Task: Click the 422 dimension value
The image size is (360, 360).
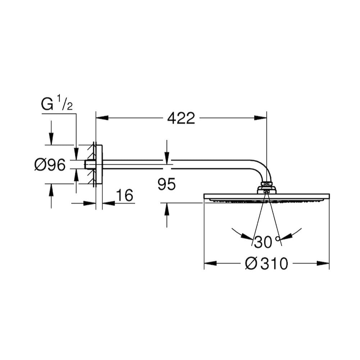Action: (x=181, y=118)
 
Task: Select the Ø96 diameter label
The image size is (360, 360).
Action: (x=50, y=165)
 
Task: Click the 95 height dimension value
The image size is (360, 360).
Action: (x=167, y=184)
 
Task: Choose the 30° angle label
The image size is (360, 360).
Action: (x=267, y=242)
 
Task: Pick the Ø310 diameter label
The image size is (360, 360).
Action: (x=266, y=264)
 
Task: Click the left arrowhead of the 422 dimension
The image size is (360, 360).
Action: (x=102, y=118)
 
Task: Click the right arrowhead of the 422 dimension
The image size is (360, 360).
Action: (x=260, y=118)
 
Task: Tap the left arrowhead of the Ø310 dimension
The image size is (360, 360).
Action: (x=210, y=263)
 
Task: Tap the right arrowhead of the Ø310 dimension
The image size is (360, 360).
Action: (x=323, y=263)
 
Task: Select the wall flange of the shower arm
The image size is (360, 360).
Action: (x=99, y=165)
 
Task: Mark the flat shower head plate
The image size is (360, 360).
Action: (x=266, y=196)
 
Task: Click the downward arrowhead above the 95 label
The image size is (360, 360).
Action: (x=167, y=156)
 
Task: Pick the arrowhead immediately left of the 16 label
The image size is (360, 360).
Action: (x=109, y=203)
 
